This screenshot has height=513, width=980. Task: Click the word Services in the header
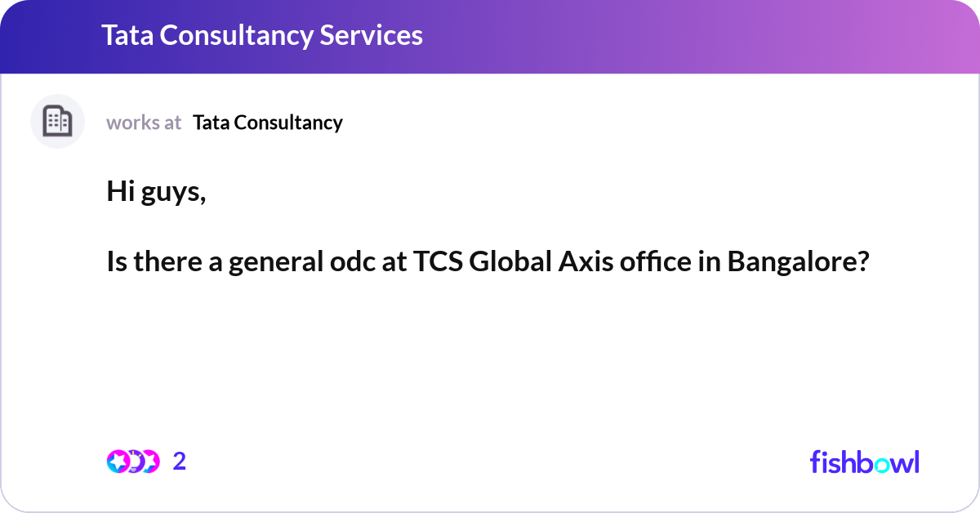371,35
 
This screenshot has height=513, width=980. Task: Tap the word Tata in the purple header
127,35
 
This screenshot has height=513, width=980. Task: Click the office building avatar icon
57,121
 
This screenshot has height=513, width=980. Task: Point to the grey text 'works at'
144,123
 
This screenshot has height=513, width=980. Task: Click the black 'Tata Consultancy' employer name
268,123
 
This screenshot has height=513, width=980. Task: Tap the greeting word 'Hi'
121,191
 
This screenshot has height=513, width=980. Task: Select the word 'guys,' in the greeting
173,194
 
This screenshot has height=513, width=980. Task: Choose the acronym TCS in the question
438,261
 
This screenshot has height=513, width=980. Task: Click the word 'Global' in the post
510,261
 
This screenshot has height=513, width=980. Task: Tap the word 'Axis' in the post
586,261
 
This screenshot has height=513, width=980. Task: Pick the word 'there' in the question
168,261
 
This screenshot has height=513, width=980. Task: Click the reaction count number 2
180,462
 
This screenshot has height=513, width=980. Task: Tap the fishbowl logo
865,462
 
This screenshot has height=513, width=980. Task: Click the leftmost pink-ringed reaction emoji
118,462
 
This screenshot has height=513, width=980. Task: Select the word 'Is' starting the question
117,261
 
